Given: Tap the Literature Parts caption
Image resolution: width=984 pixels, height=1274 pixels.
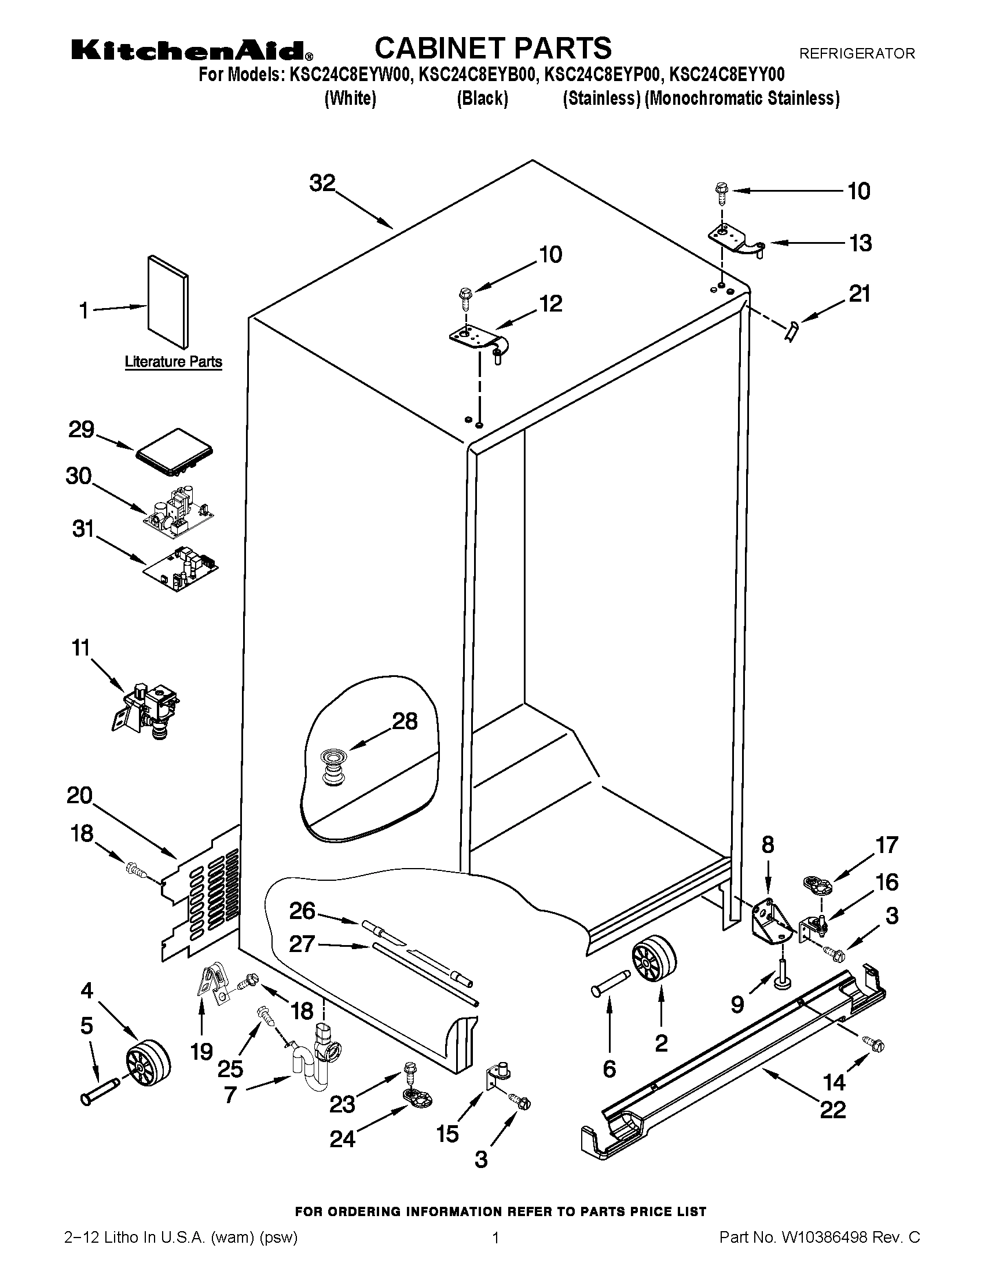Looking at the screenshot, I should click(x=173, y=362).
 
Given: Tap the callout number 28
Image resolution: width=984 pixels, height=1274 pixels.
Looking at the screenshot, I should click(x=405, y=722).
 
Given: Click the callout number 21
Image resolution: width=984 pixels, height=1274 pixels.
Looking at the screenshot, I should click(x=859, y=294).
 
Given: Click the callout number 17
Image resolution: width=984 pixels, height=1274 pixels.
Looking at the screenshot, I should click(x=887, y=845).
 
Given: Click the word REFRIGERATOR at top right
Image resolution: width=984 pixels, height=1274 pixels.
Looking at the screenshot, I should click(x=856, y=54).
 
